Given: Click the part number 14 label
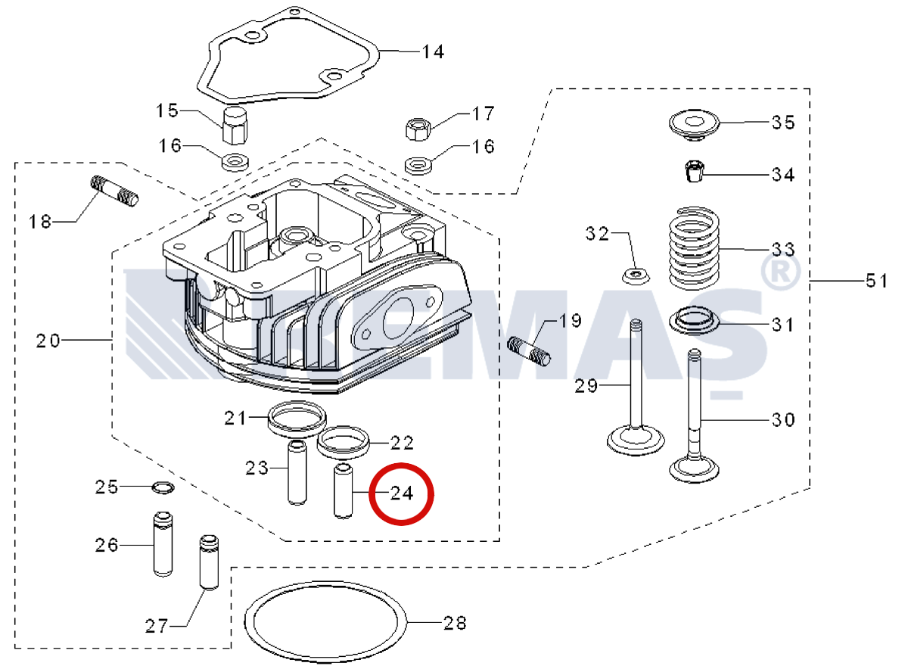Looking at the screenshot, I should (433, 52).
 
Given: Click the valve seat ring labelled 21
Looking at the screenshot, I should (297, 416).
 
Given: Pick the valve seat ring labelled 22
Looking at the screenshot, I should (343, 440).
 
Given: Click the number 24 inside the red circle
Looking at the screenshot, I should (402, 493).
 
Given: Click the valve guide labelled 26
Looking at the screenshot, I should (162, 544).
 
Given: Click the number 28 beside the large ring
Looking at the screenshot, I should (455, 624).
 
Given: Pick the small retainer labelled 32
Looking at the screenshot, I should (636, 275).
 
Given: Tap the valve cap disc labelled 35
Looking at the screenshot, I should (694, 124).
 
